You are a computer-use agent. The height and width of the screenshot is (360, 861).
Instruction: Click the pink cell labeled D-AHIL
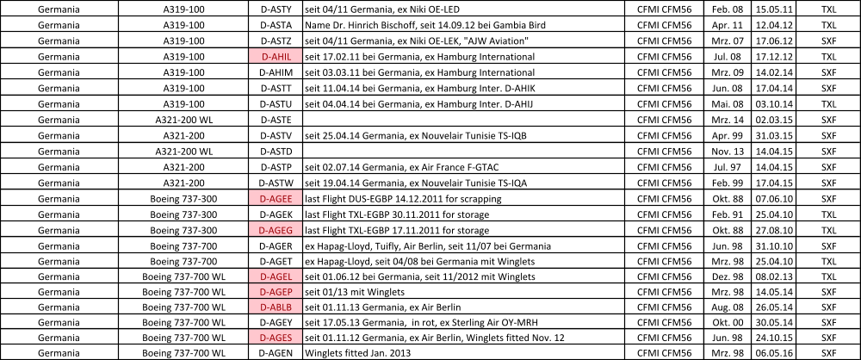[x=276, y=56]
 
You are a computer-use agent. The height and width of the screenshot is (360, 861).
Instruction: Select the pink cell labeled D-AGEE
[x=276, y=198]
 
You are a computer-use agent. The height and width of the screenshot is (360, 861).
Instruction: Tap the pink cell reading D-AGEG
[x=276, y=230]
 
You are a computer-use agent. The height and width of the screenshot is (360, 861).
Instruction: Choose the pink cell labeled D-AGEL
[x=276, y=276]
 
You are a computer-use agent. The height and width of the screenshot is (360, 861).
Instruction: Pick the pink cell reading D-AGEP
[x=276, y=292]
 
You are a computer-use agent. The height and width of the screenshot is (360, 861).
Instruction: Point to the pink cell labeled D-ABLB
[x=276, y=307]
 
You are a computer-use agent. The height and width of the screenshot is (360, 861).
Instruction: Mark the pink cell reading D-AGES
[x=276, y=337]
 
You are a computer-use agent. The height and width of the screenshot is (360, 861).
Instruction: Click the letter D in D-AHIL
[x=264, y=56]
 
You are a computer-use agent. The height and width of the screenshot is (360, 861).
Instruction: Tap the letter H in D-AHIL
[x=279, y=56]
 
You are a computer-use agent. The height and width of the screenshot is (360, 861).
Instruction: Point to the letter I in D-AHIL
[x=284, y=56]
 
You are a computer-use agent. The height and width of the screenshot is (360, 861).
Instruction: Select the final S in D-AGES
[x=288, y=337]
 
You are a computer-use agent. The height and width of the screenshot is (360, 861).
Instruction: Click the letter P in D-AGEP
[x=288, y=292]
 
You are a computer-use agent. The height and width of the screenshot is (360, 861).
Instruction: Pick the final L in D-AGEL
[x=289, y=276]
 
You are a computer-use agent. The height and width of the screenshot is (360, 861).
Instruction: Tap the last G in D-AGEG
[x=288, y=230]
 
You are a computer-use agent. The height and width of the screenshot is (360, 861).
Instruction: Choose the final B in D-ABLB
[x=288, y=307]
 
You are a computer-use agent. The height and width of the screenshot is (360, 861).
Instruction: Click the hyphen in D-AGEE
[x=268, y=198]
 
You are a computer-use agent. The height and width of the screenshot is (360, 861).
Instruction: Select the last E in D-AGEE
[x=288, y=198]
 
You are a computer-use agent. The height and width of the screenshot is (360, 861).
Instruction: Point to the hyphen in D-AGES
[x=268, y=337]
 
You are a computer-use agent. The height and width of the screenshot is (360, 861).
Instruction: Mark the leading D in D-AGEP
[x=263, y=292]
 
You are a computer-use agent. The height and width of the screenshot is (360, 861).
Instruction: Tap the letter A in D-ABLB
[x=273, y=307]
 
